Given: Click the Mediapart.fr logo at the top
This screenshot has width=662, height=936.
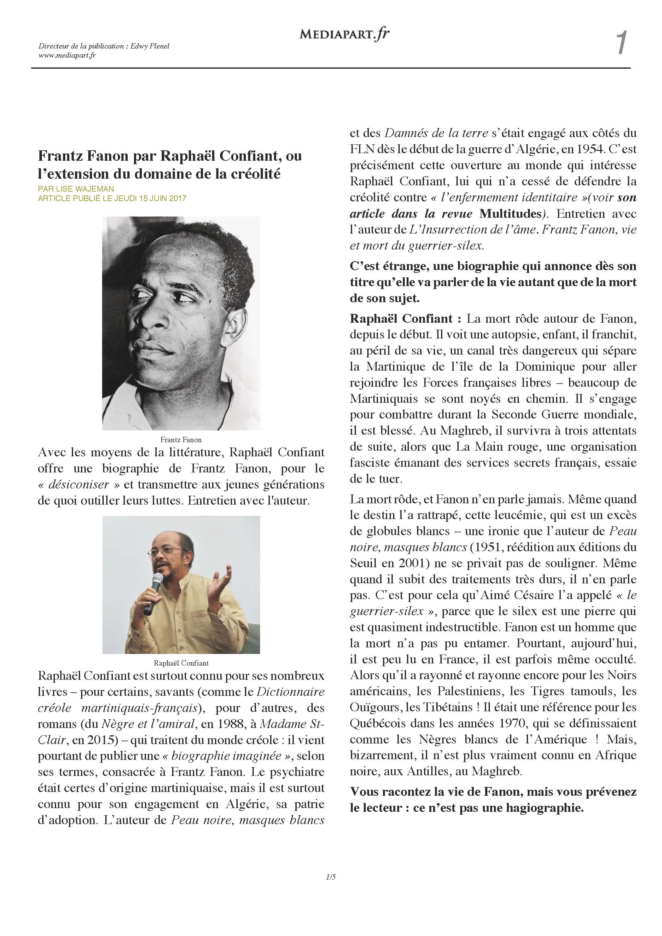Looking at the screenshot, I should click(344, 34).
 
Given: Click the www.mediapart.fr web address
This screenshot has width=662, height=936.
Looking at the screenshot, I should click(67, 55).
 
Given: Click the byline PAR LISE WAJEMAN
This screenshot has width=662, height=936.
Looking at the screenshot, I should click(76, 189).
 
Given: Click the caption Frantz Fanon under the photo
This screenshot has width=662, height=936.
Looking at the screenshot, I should click(181, 439).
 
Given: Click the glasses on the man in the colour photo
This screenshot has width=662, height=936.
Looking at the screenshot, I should click(165, 551).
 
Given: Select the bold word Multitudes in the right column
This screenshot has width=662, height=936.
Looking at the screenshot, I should click(510, 214).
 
